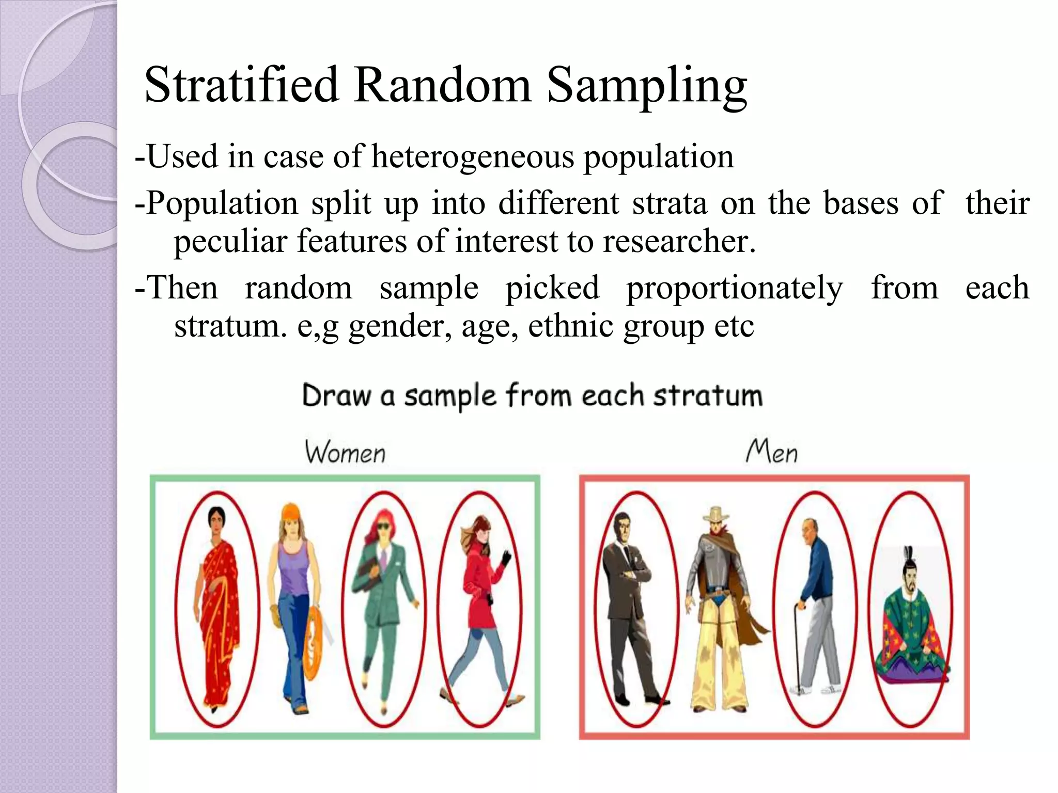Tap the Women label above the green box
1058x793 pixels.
(x=345, y=452)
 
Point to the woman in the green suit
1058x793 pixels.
(x=383, y=604)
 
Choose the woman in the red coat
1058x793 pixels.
(x=480, y=604)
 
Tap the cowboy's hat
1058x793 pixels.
(x=716, y=514)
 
